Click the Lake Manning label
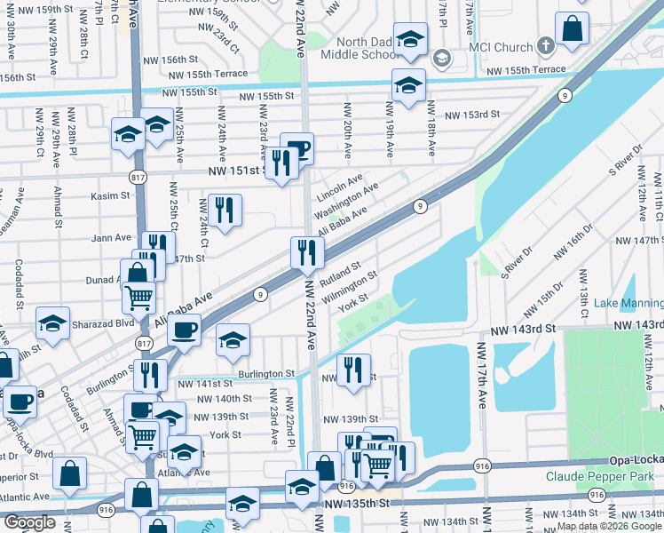point(628,303)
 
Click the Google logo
point(29,522)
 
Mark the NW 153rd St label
point(472,115)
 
